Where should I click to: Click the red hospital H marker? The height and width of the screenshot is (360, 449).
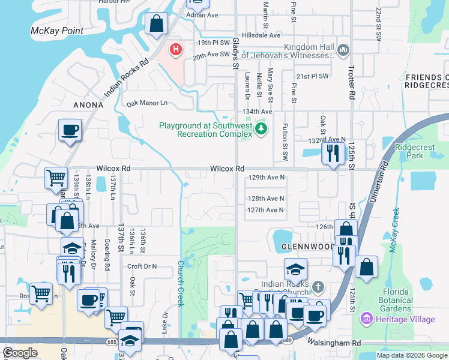[x=175, y=49]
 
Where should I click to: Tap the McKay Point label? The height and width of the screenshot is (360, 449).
[x=57, y=30]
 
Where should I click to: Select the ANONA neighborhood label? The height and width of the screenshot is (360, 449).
[x=88, y=104]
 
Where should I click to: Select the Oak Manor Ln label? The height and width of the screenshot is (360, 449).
[x=146, y=103]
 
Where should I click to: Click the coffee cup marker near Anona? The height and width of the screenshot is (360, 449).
[x=70, y=130]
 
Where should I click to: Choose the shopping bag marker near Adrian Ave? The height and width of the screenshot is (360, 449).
[x=156, y=25]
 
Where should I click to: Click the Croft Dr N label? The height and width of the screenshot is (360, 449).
[x=142, y=266]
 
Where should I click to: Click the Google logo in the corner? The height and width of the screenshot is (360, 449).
[x=20, y=353]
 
